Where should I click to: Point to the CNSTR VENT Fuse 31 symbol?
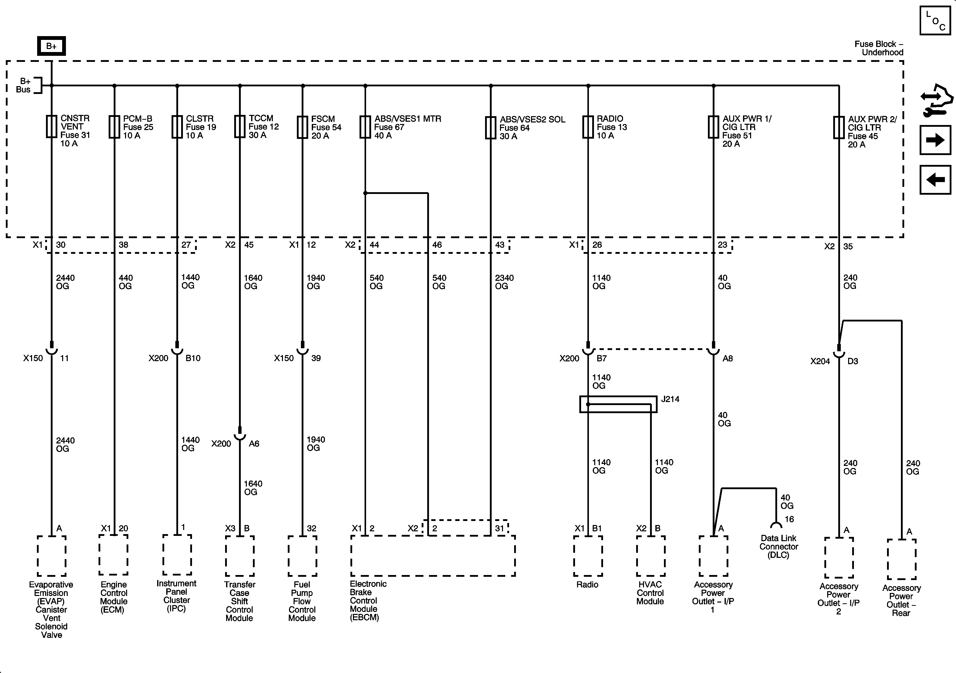pyautogui.click(x=51, y=127)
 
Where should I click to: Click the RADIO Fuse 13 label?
pyautogui.click(x=611, y=127)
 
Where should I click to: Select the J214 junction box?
pyautogui.click(x=618, y=404)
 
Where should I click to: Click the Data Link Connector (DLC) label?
pyautogui.click(x=778, y=546)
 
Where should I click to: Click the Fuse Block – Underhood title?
pyautogui.click(x=878, y=48)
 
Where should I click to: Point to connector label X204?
pyautogui.click(x=820, y=361)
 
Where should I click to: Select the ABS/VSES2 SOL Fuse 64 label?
pyautogui.click(x=532, y=127)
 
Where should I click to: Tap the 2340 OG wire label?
pyautogui.click(x=504, y=282)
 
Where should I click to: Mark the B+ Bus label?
pyautogui.click(x=24, y=85)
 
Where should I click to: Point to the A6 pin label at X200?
pyautogui.click(x=254, y=444)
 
